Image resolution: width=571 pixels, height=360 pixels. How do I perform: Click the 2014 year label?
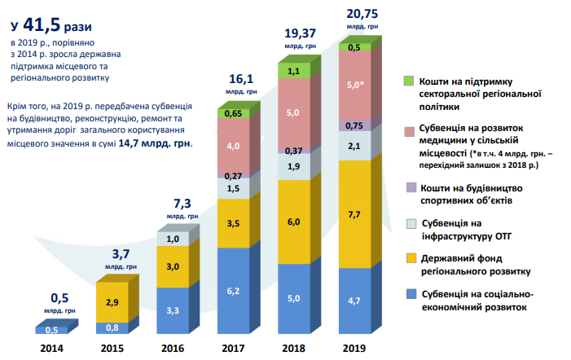coord(51,349)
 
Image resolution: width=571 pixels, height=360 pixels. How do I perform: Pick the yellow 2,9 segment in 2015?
coord(112,301)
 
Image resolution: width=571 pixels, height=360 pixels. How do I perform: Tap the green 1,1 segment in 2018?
coord(294,72)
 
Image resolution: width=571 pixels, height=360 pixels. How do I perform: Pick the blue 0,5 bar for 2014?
coord(51,329)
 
